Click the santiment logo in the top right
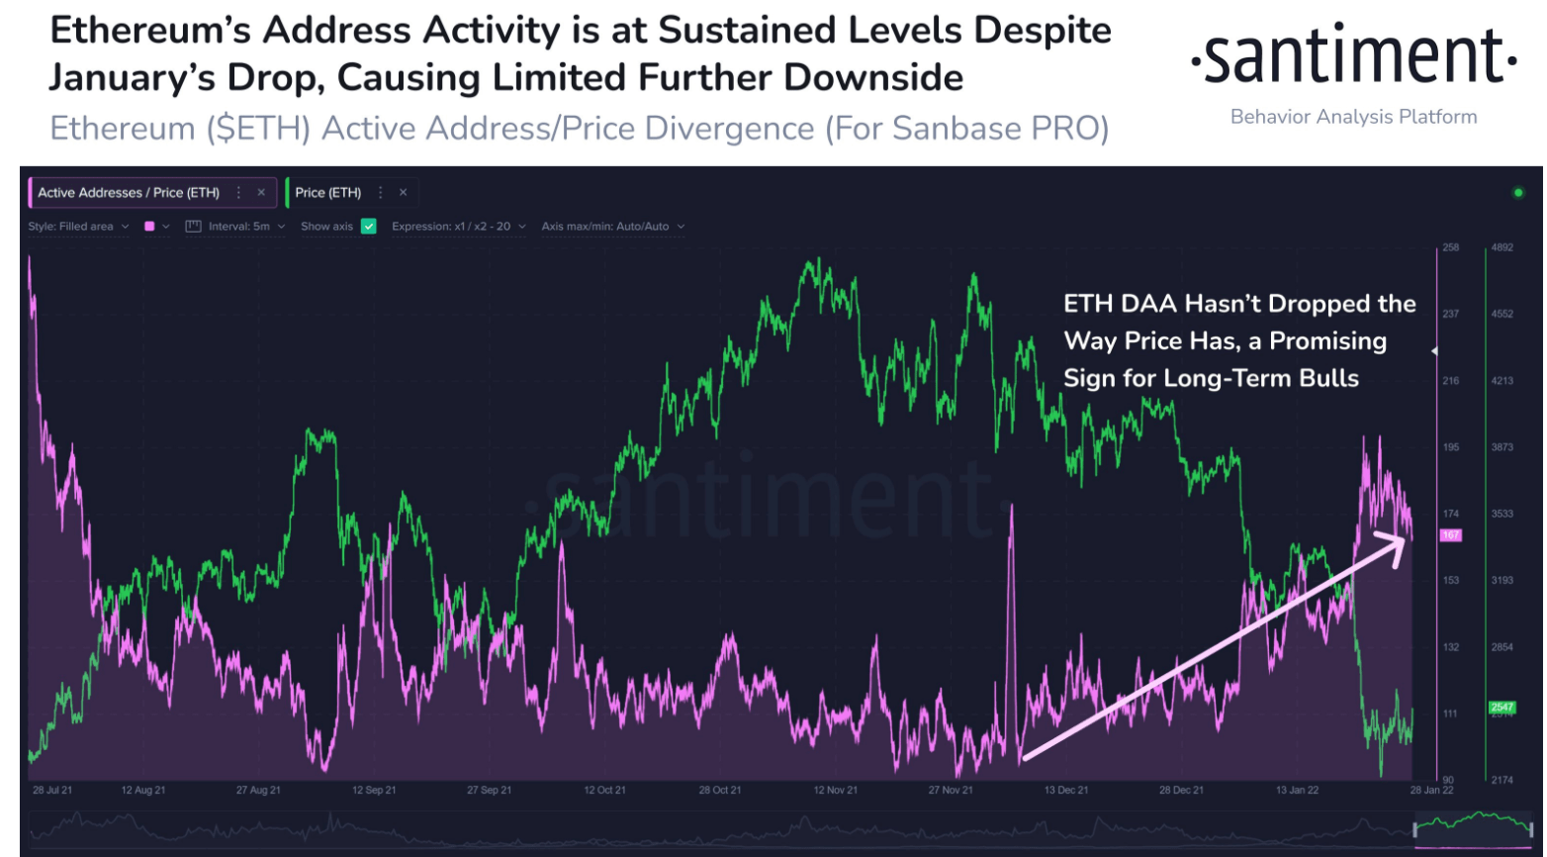(1353, 57)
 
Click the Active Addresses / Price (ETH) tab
(129, 193)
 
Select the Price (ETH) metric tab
(328, 193)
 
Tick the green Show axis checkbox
(369, 227)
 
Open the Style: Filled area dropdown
(78, 227)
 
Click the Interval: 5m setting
(237, 227)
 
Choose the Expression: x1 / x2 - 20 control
(458, 227)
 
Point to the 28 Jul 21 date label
(52, 791)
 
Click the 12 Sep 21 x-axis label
(374, 791)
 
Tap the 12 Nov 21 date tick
(836, 791)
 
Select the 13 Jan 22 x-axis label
(1297, 791)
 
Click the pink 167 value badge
(1450, 535)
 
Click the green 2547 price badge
(1502, 708)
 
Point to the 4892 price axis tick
(1502, 247)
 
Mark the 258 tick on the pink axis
(1451, 247)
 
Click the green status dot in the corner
(1518, 192)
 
